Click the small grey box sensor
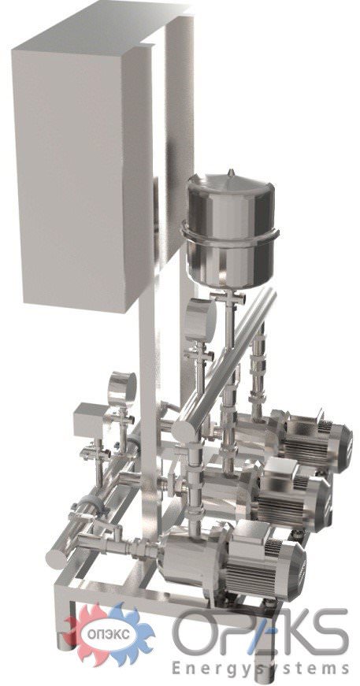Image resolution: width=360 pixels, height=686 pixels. click(91, 420)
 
